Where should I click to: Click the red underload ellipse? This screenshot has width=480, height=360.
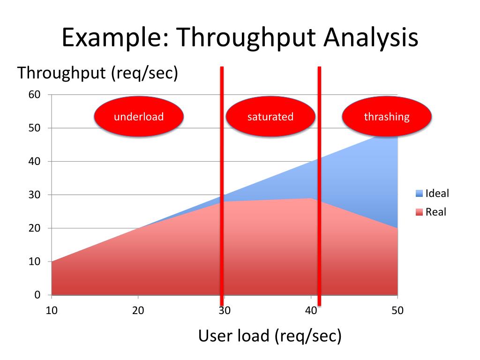click(139, 117)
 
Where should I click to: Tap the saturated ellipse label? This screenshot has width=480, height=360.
click(270, 117)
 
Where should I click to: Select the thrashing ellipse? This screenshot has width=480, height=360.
click(387, 117)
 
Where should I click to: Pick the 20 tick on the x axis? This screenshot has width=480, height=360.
click(138, 310)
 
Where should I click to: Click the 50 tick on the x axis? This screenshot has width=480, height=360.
click(397, 310)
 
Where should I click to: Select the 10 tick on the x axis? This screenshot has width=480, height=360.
click(52, 310)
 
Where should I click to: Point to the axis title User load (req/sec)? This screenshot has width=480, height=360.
click(270, 336)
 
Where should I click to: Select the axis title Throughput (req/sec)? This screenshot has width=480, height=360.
click(97, 73)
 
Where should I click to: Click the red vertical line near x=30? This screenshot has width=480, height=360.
click(222, 187)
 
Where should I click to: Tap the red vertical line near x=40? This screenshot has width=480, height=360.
click(319, 187)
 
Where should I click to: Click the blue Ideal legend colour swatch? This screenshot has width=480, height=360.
click(419, 193)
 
